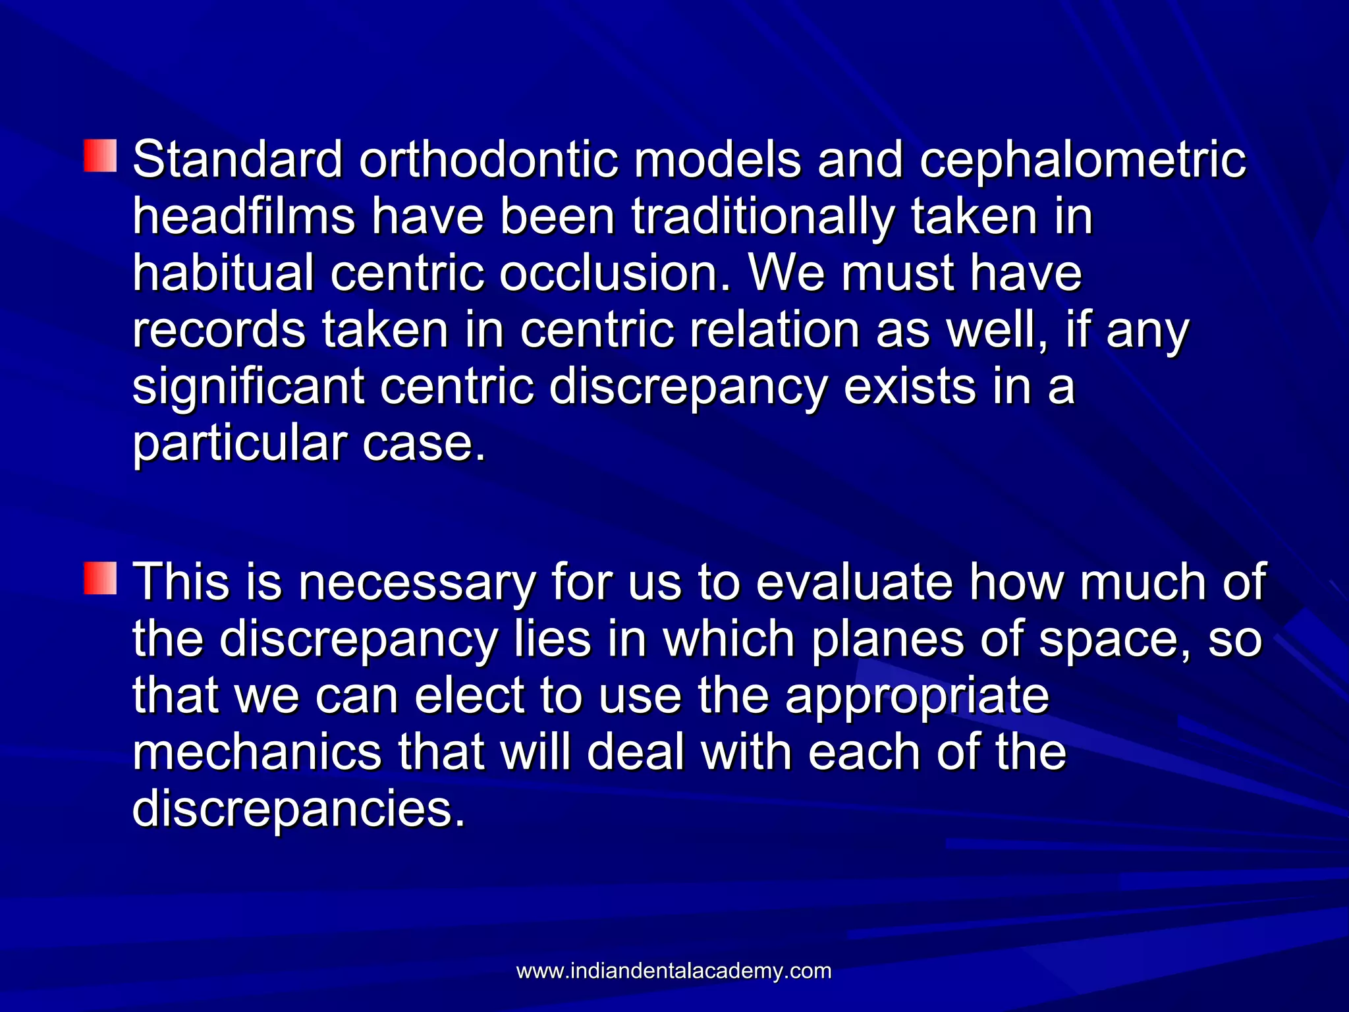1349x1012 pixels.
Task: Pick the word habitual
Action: pos(223,273)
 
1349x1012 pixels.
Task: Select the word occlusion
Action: pos(615,273)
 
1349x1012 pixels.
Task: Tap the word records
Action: pos(219,329)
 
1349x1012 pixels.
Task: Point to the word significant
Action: pos(248,387)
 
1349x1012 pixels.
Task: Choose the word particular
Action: pos(238,444)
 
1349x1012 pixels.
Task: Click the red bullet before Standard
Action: pos(100,156)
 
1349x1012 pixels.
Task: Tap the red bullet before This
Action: pos(100,578)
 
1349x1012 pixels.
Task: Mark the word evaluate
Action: pos(854,582)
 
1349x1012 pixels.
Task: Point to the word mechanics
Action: pos(257,752)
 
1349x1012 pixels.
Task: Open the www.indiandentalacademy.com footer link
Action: pos(674,971)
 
